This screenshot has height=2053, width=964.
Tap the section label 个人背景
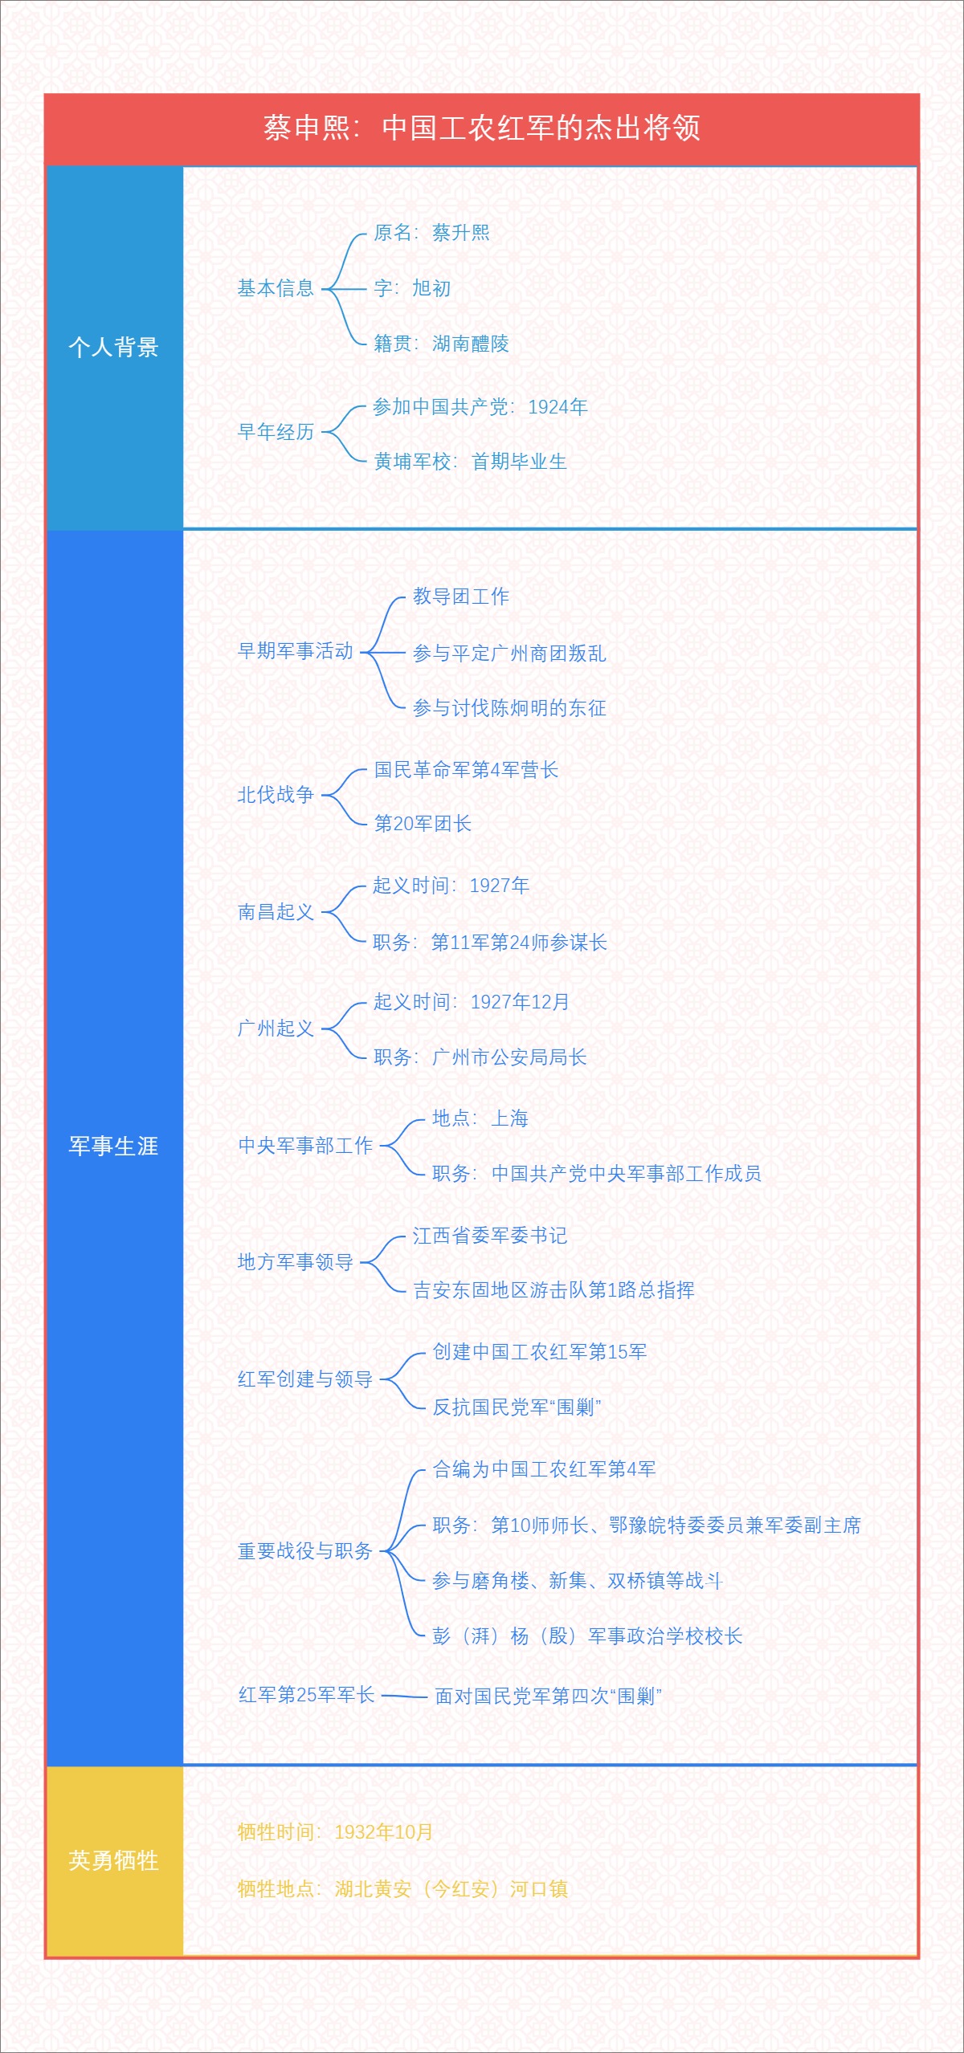[x=113, y=347]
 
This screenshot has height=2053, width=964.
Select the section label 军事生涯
[x=113, y=1146]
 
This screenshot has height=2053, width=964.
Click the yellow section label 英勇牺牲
[x=113, y=1860]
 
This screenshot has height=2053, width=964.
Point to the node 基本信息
[x=276, y=288]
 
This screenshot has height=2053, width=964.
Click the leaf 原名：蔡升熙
[x=431, y=233]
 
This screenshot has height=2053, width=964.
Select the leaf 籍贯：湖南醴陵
[x=441, y=344]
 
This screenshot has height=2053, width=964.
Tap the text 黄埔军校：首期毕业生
[x=470, y=462]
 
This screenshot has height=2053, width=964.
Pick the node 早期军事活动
[x=295, y=651]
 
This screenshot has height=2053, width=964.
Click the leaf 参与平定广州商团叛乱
[x=509, y=654]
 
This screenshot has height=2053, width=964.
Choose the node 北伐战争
[x=276, y=795]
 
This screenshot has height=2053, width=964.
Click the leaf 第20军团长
[x=423, y=823]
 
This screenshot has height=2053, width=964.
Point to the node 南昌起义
[x=276, y=912]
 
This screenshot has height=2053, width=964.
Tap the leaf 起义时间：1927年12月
[x=472, y=1002]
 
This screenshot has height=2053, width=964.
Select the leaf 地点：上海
[x=480, y=1118]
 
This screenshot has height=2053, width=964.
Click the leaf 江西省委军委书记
[x=490, y=1236]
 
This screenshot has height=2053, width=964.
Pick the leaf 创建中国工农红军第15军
[x=540, y=1352]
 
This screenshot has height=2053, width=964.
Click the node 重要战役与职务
[x=305, y=1550]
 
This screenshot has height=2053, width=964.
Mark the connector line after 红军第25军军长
[x=404, y=1697]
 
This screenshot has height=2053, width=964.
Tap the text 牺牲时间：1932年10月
[x=335, y=1831]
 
